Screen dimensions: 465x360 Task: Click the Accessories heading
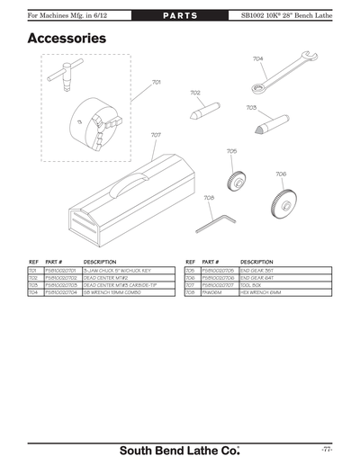click(x=67, y=39)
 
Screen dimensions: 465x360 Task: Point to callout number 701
click(x=157, y=82)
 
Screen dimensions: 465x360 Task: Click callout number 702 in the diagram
click(x=194, y=93)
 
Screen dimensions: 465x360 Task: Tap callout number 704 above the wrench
click(x=258, y=58)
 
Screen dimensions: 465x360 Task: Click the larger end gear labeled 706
click(x=283, y=201)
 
